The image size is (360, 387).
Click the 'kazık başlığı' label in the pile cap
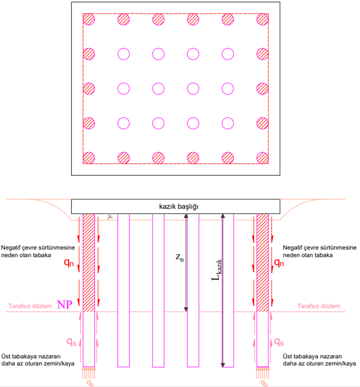[176, 207]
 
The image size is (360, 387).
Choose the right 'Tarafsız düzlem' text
[319, 306]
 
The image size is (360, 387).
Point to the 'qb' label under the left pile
[89, 383]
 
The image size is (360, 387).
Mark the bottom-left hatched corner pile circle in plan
[89, 158]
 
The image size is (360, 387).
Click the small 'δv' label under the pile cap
[110, 218]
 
